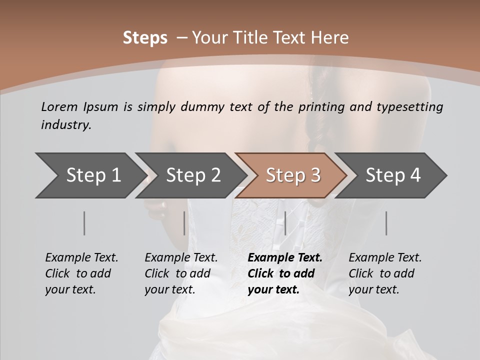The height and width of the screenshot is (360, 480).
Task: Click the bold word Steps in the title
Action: click(145, 38)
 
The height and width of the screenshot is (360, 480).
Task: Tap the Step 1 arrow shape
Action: click(90, 175)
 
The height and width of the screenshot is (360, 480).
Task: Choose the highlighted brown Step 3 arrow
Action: click(292, 175)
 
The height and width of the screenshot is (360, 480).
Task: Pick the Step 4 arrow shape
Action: click(392, 175)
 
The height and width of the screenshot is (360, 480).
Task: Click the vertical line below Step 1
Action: click(84, 223)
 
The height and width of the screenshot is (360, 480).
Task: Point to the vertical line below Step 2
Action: click(184, 223)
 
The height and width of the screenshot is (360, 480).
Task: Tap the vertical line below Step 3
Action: click(285, 223)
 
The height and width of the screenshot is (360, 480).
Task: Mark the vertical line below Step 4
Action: click(386, 223)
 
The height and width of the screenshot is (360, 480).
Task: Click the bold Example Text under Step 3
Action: click(285, 258)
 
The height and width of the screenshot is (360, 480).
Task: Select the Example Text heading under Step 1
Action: click(81, 258)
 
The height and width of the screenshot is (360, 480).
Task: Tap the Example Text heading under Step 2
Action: click(181, 258)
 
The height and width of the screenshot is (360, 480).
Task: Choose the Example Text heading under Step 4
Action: click(385, 258)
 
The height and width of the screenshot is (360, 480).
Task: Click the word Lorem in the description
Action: click(59, 107)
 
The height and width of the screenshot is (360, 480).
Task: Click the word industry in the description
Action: click(66, 124)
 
